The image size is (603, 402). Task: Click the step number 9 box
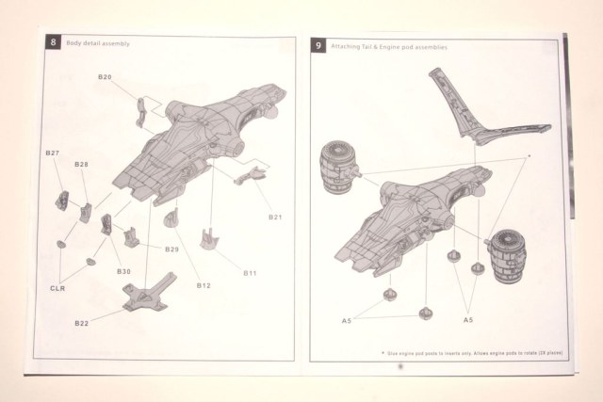click(x=319, y=45)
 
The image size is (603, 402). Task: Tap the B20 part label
click(x=106, y=76)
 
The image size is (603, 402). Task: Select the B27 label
click(x=53, y=153)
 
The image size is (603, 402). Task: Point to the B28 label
click(x=82, y=165)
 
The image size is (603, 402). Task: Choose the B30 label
click(x=123, y=271)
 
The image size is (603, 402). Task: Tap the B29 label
click(x=171, y=249)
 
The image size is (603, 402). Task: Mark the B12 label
click(x=203, y=284)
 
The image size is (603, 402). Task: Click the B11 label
click(x=251, y=273)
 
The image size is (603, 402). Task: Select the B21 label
click(x=275, y=217)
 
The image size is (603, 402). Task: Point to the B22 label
click(x=82, y=324)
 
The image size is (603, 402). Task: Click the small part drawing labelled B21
click(x=251, y=175)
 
